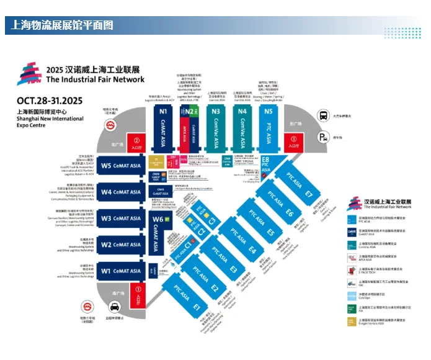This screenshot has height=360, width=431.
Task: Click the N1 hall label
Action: [164, 112]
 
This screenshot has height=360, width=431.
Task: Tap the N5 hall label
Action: [267, 112]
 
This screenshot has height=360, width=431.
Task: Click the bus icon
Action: [324, 115]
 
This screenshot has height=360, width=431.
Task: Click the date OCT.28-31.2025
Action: [49, 100]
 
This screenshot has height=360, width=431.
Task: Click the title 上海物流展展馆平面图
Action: [62, 25]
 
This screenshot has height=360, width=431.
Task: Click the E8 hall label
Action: [265, 160]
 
